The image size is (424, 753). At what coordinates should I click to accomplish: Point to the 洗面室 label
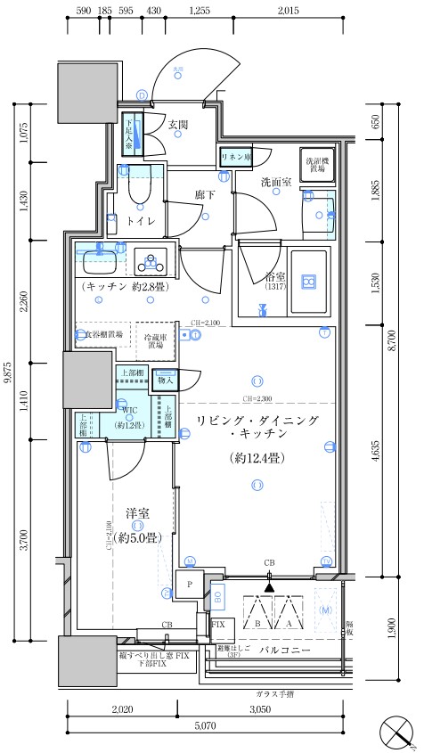tap(276, 182)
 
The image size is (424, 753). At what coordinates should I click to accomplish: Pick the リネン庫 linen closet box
tap(235, 157)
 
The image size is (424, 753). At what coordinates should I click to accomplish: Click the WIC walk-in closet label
tap(129, 411)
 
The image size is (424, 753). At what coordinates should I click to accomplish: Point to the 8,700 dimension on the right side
tap(393, 339)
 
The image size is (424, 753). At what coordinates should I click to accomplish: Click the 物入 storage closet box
tap(165, 379)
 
